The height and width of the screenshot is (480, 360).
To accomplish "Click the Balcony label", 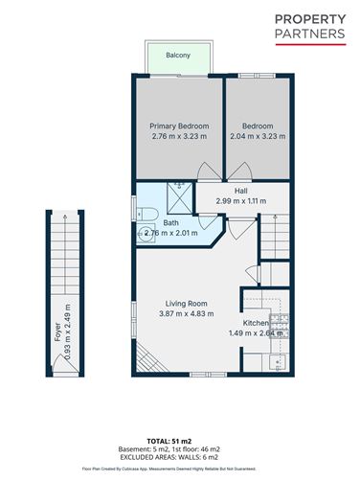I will point(177,56).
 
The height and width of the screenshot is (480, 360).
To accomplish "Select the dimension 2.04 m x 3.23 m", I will point(258,136).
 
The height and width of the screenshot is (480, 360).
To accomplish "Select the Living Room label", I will point(186,302).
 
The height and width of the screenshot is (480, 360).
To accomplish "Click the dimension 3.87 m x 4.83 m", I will point(186,312).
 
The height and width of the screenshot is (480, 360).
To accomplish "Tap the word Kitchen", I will point(256,324).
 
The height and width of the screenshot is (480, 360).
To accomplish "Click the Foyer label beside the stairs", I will point(56,331).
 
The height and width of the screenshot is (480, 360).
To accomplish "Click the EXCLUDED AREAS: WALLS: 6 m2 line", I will point(180,453).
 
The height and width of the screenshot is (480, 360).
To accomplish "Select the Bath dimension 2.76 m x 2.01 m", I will point(170,233).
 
